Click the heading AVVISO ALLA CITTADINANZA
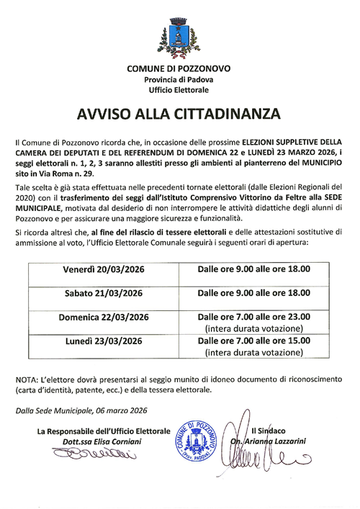tap(179, 114)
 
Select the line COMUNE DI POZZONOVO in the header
tap(179, 68)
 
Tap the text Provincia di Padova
tap(179, 79)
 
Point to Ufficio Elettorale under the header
tap(179, 90)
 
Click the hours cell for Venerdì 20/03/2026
tap(253, 269)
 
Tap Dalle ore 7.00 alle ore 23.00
tap(253, 317)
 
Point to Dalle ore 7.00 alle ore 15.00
tap(253, 341)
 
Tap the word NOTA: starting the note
tap(28, 379)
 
